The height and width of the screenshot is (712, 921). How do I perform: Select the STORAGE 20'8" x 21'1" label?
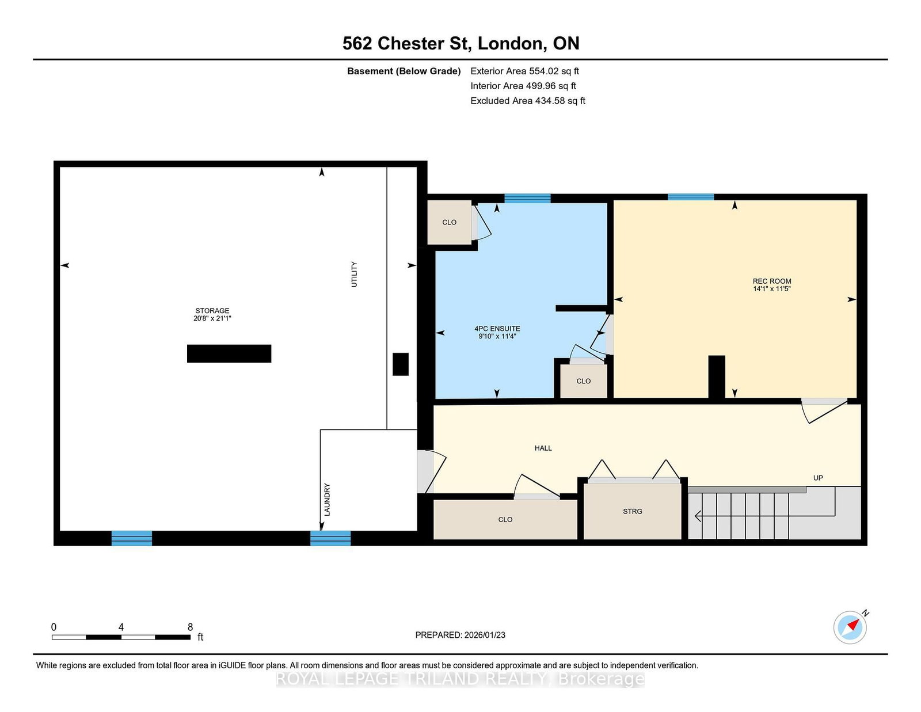(x=212, y=314)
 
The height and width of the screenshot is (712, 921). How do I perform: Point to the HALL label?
(x=543, y=448)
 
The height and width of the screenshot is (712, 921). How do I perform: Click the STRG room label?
(x=633, y=512)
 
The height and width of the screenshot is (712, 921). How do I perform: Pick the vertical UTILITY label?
(x=355, y=274)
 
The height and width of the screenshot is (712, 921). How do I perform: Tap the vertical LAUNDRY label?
(x=327, y=500)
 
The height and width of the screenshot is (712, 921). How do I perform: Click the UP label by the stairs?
(x=818, y=478)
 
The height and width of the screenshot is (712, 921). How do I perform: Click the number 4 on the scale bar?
(x=121, y=627)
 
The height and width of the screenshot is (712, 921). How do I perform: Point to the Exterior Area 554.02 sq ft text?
(x=525, y=71)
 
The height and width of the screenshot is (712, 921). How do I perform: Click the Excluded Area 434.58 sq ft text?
(x=528, y=101)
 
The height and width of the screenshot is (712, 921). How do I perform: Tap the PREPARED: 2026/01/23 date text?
(x=461, y=635)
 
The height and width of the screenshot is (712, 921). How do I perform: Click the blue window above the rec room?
(x=690, y=197)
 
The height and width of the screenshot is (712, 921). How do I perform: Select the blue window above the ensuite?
(x=527, y=199)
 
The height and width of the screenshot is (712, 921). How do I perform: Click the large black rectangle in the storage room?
(x=229, y=353)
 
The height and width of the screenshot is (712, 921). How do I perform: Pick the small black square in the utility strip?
(x=401, y=364)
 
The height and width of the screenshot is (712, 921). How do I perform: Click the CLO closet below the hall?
(x=505, y=520)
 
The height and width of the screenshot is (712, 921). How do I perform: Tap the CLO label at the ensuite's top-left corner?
(x=449, y=223)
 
